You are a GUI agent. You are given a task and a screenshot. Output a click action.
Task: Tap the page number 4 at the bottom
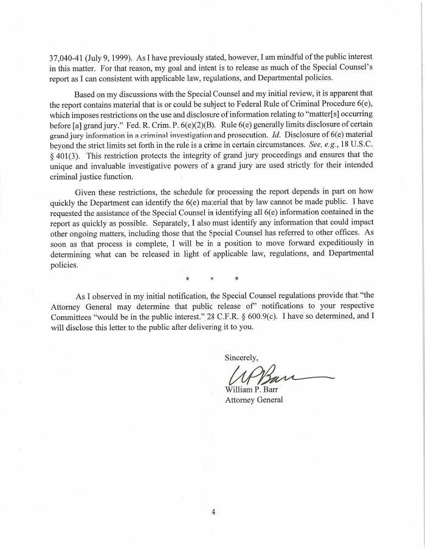(x=213, y=512)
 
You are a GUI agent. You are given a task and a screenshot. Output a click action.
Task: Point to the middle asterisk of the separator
(x=213, y=279)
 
